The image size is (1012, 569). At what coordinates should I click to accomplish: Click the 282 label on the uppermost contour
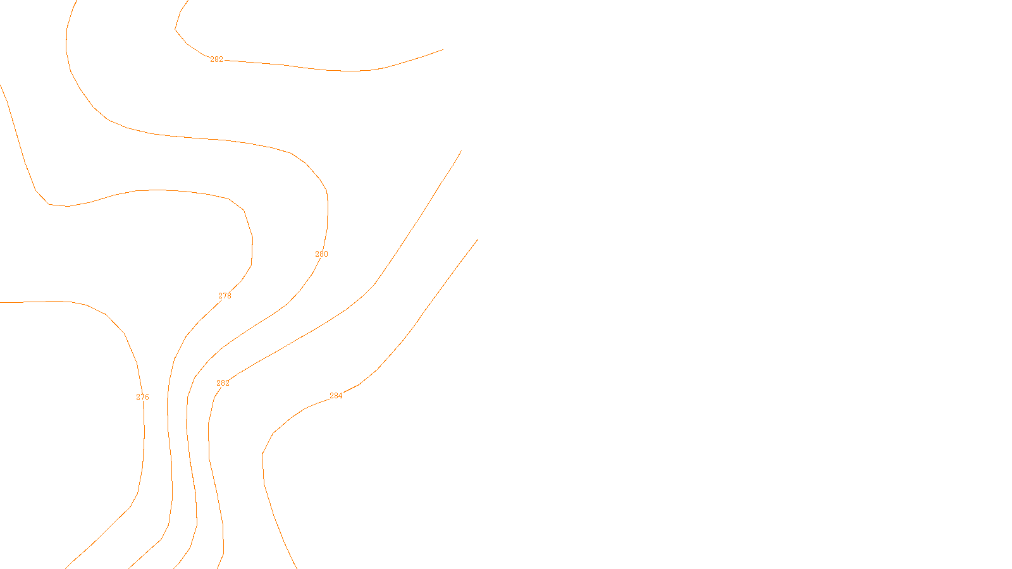[216, 59]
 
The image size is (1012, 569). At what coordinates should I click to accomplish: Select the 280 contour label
[321, 254]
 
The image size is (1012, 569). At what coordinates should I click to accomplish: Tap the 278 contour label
[225, 296]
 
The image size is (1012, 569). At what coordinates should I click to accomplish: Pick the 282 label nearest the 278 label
[223, 383]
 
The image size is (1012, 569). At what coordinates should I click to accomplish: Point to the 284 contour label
[336, 396]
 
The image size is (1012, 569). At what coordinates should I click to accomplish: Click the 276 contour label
[142, 397]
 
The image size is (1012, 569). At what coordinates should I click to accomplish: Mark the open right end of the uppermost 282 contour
[443, 49]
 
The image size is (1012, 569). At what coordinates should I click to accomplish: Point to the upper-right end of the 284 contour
[477, 240]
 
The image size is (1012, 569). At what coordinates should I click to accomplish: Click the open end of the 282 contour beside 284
[461, 150]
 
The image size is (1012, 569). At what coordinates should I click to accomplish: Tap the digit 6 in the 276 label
[147, 397]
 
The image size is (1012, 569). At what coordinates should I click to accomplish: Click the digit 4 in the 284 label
[340, 396]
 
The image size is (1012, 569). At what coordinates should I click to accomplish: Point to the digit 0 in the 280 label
[326, 254]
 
